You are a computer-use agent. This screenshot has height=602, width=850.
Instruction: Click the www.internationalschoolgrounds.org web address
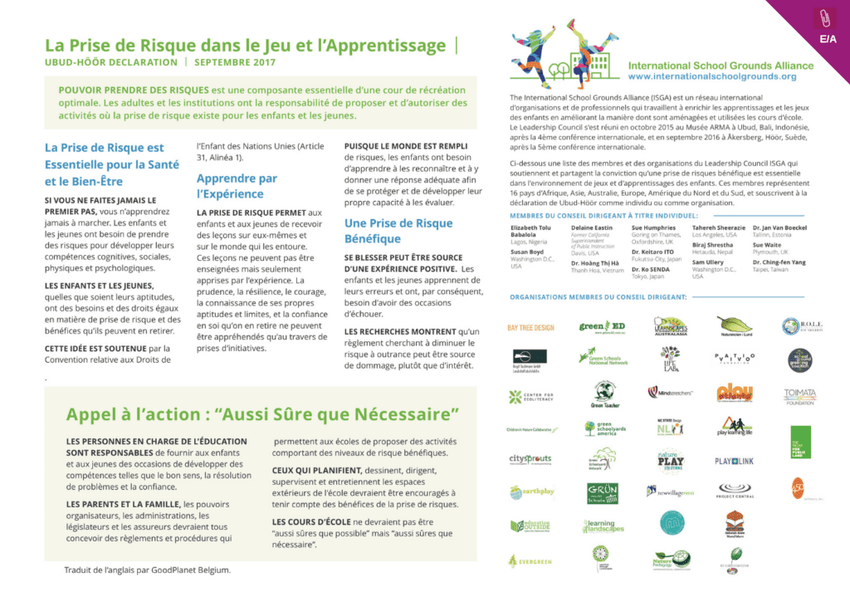(712, 76)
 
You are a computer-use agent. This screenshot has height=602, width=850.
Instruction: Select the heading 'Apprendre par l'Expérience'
(237, 185)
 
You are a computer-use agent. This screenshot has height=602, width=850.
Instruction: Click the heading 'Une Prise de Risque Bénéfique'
(398, 231)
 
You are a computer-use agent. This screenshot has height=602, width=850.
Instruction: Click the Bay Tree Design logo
(530, 328)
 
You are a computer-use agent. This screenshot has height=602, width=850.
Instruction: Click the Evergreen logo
(530, 561)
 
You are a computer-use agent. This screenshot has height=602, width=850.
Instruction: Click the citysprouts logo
(530, 459)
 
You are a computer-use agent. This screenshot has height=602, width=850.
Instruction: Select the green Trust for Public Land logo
(800, 442)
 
